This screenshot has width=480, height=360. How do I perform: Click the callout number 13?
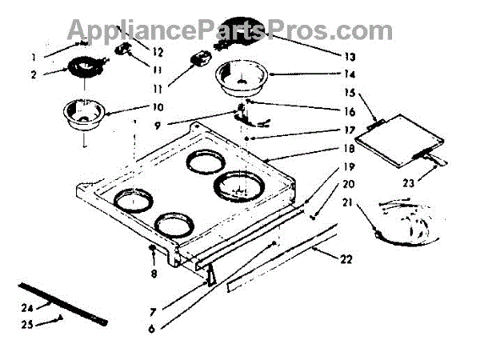tap(349, 58)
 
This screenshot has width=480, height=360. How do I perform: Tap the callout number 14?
tap(349, 74)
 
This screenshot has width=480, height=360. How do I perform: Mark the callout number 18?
tap(349, 149)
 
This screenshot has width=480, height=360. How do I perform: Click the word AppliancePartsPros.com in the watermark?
tap(229, 30)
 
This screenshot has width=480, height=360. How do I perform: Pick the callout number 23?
tap(408, 182)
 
